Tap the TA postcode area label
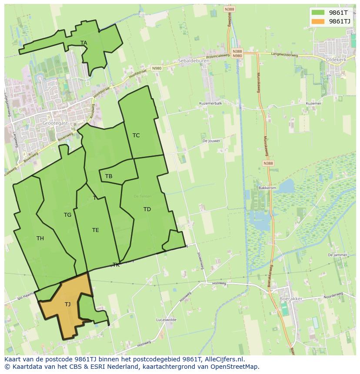(84, 43)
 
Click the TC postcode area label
(136, 136)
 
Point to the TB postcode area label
(109, 176)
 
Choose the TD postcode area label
(147, 209)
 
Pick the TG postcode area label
(67, 215)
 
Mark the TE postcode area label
(96, 230)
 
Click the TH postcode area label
(40, 238)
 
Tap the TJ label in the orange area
(67, 304)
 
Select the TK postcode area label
(116, 265)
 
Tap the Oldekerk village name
(336, 60)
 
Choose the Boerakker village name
(291, 299)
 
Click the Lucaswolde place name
(166, 320)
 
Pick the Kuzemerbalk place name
(210, 103)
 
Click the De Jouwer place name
(211, 141)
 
